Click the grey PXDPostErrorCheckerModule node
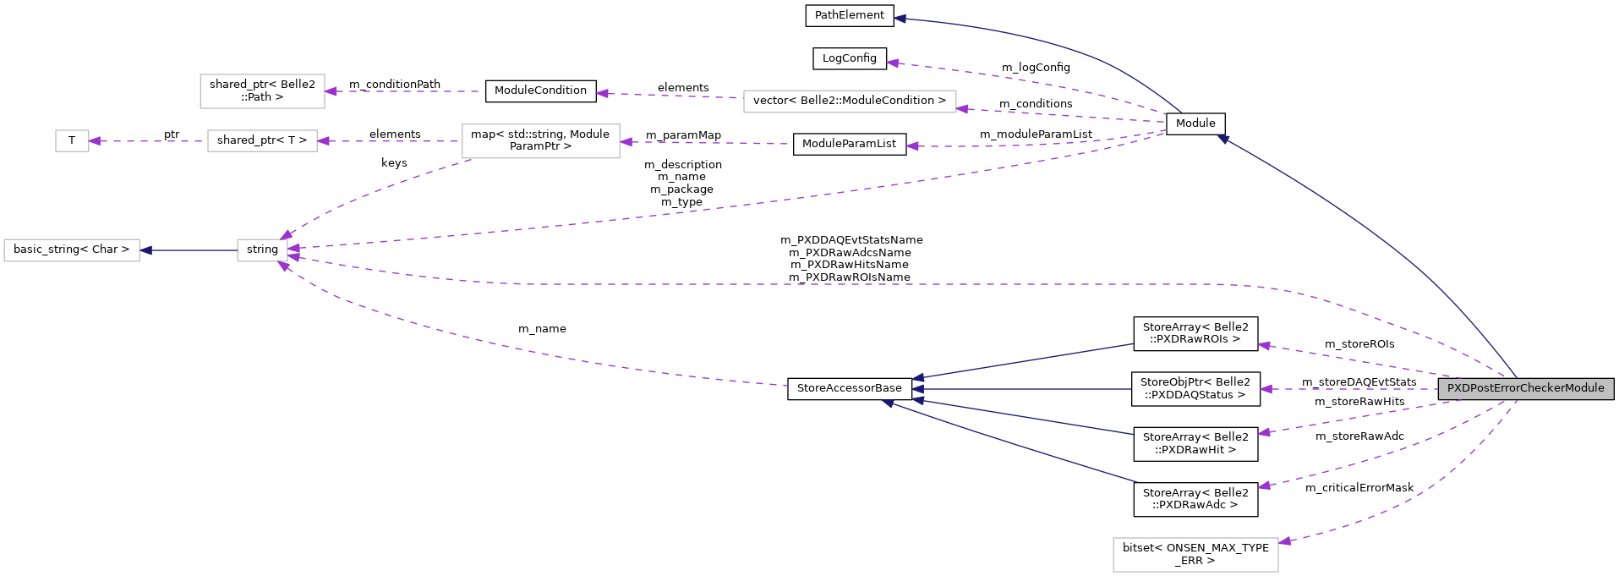click(1525, 388)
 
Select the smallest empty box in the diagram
click(72, 141)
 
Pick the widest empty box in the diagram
click(850, 101)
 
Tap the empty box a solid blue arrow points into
click(72, 250)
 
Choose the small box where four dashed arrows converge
click(262, 250)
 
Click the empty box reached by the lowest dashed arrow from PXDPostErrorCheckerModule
click(1195, 555)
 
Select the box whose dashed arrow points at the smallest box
click(262, 141)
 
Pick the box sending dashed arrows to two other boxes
click(540, 141)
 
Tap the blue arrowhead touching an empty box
click(146, 250)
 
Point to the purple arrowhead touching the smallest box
click(95, 141)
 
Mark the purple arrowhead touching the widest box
click(962, 108)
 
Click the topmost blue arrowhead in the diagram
click(900, 18)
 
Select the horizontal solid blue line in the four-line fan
click(1023, 389)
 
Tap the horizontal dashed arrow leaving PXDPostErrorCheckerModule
click(1353, 389)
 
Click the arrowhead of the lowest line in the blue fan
click(888, 403)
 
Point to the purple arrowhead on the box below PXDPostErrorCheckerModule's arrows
click(1284, 540)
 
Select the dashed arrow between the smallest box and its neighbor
click(148, 141)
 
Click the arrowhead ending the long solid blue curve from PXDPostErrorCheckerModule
click(1222, 139)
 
